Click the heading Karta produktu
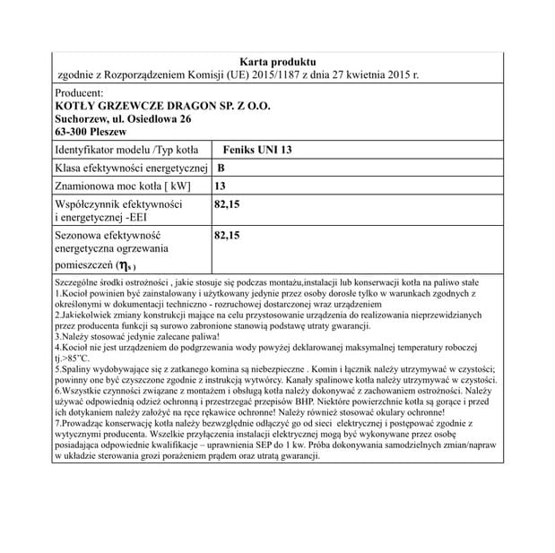point(278,60)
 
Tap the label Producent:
point(80,92)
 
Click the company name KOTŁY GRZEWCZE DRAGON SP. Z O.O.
point(162,106)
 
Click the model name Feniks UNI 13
point(256,150)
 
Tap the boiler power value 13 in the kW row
point(221,186)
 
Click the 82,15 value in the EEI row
point(228,205)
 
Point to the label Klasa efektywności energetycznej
point(132,168)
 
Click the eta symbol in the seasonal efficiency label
point(129,265)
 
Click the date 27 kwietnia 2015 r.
point(377,74)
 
